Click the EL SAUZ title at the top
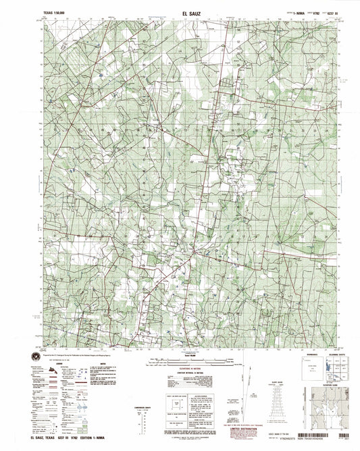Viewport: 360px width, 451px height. [x=181, y=11]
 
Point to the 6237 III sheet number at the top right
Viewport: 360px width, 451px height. [x=313, y=12]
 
